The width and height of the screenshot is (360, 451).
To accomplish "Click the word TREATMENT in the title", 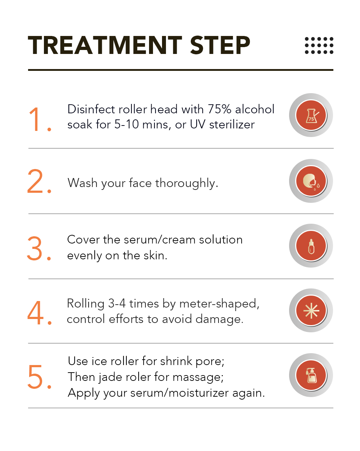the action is coord(105,45).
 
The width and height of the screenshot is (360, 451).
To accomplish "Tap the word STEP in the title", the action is coord(220,45).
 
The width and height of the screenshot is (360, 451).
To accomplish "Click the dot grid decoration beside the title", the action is coord(319,45).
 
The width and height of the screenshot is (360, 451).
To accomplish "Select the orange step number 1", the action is coord(40,119).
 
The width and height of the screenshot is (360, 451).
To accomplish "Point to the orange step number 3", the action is coord(39,248).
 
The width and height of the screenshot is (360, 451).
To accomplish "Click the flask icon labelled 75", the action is coord(311,115).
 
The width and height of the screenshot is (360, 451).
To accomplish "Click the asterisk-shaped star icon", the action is coord(311,311).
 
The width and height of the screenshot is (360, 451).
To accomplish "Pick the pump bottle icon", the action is coord(311,375).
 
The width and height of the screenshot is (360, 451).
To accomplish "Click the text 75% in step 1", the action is coord(220,109).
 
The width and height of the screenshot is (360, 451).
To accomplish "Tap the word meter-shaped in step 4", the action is coord(219,304).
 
